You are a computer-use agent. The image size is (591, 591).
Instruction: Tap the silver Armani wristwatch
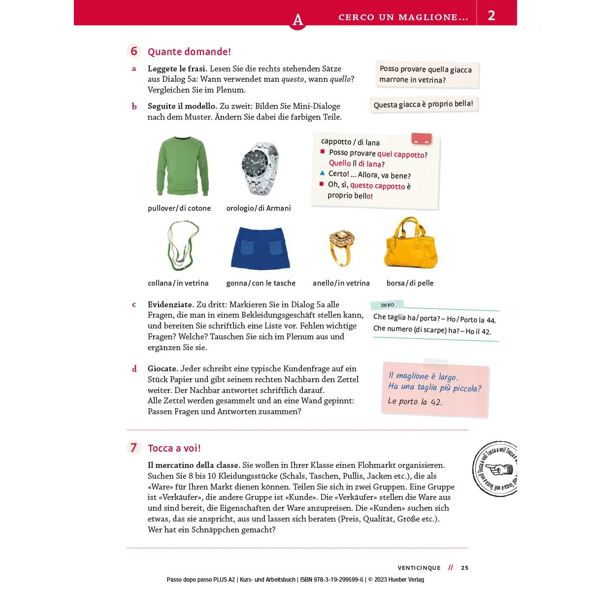260,168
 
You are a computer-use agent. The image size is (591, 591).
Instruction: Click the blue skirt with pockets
260,248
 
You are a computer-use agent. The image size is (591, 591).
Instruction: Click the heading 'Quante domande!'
189,52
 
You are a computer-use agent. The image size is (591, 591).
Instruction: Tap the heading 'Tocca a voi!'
174,448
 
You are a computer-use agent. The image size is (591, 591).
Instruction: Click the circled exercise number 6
134,51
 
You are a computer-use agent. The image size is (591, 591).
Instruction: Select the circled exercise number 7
133,448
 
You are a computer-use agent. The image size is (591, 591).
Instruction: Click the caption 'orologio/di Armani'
259,208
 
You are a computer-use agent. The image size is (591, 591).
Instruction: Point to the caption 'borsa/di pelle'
410,283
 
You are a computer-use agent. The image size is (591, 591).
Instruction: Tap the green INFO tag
387,305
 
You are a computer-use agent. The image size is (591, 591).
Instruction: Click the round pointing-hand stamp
495,469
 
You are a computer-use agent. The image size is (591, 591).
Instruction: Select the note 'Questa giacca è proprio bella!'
423,104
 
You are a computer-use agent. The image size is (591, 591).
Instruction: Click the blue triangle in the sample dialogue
322,173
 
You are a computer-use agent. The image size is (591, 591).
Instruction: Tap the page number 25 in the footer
465,568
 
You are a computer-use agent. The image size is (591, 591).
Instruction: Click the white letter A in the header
297,20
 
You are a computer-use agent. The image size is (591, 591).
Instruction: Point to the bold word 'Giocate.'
163,368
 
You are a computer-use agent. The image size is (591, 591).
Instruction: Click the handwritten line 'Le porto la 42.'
415,401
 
